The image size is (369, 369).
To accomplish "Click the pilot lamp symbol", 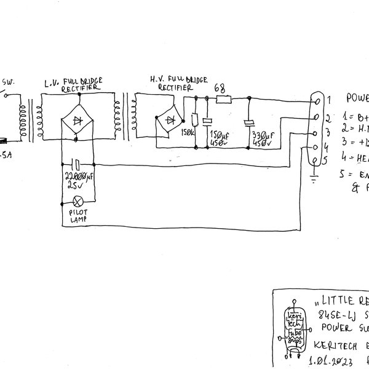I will coord(78,201).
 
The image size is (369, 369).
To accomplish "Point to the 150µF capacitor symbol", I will coord(208,121).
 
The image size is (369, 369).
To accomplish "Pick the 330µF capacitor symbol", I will coord(249,122).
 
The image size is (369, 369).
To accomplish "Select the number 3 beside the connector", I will coord(328,132).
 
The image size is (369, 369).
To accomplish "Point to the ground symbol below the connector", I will coord(314,178).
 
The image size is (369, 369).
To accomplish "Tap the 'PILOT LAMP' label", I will coord(78,215).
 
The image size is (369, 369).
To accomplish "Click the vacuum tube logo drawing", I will coord(294,329).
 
